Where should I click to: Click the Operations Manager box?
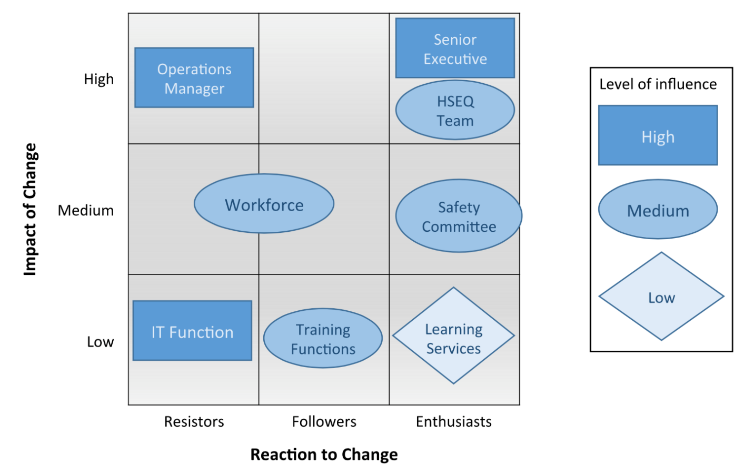[194, 78]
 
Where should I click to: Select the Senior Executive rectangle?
[455, 48]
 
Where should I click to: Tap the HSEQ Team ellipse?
[455, 110]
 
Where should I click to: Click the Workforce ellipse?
[264, 204]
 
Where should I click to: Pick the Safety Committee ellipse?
[459, 216]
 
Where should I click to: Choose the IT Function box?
[192, 331]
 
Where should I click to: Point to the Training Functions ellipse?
[323, 338]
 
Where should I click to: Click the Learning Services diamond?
[453, 336]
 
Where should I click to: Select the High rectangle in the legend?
[658, 136]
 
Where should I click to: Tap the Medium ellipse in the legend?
[658, 210]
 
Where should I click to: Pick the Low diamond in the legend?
[661, 297]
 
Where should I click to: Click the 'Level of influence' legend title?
[658, 84]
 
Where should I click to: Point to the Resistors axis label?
[194, 421]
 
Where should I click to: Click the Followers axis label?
[324, 421]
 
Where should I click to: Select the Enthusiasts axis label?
[453, 421]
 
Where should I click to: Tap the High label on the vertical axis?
[99, 79]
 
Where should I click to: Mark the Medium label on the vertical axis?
[86, 211]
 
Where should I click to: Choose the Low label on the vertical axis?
[100, 342]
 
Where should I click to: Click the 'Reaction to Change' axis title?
[324, 454]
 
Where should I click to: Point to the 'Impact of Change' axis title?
[30, 209]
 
